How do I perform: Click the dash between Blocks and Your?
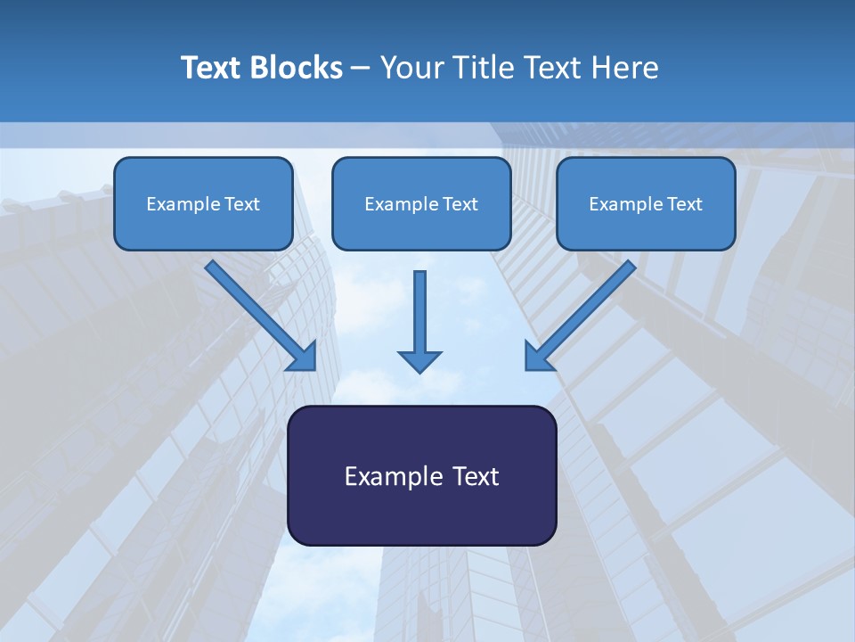361,69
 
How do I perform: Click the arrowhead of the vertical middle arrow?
419,361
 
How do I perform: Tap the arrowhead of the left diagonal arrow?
304,357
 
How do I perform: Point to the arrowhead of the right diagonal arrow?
537,357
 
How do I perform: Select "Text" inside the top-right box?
685,204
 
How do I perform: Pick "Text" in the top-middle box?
460,204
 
